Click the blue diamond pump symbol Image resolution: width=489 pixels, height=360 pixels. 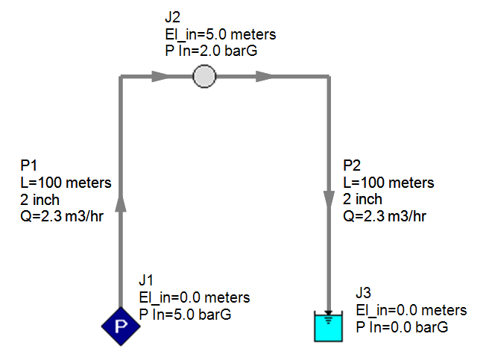coord(120,325)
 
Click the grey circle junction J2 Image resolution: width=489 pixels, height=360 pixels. coord(204,76)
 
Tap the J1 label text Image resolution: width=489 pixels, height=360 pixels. coord(146,280)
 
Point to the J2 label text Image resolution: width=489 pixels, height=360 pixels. coord(173,16)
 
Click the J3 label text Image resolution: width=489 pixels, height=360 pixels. coord(364,294)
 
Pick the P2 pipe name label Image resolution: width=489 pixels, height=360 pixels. coord(351,165)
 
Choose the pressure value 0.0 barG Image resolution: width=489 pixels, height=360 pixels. coord(412,326)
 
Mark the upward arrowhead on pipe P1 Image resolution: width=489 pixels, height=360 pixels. coord(120,203)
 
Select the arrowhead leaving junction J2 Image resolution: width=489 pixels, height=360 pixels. coord(265,76)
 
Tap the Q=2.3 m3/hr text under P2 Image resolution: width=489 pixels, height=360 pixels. coord(385,216)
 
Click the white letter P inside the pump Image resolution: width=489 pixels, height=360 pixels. coord(120,325)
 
